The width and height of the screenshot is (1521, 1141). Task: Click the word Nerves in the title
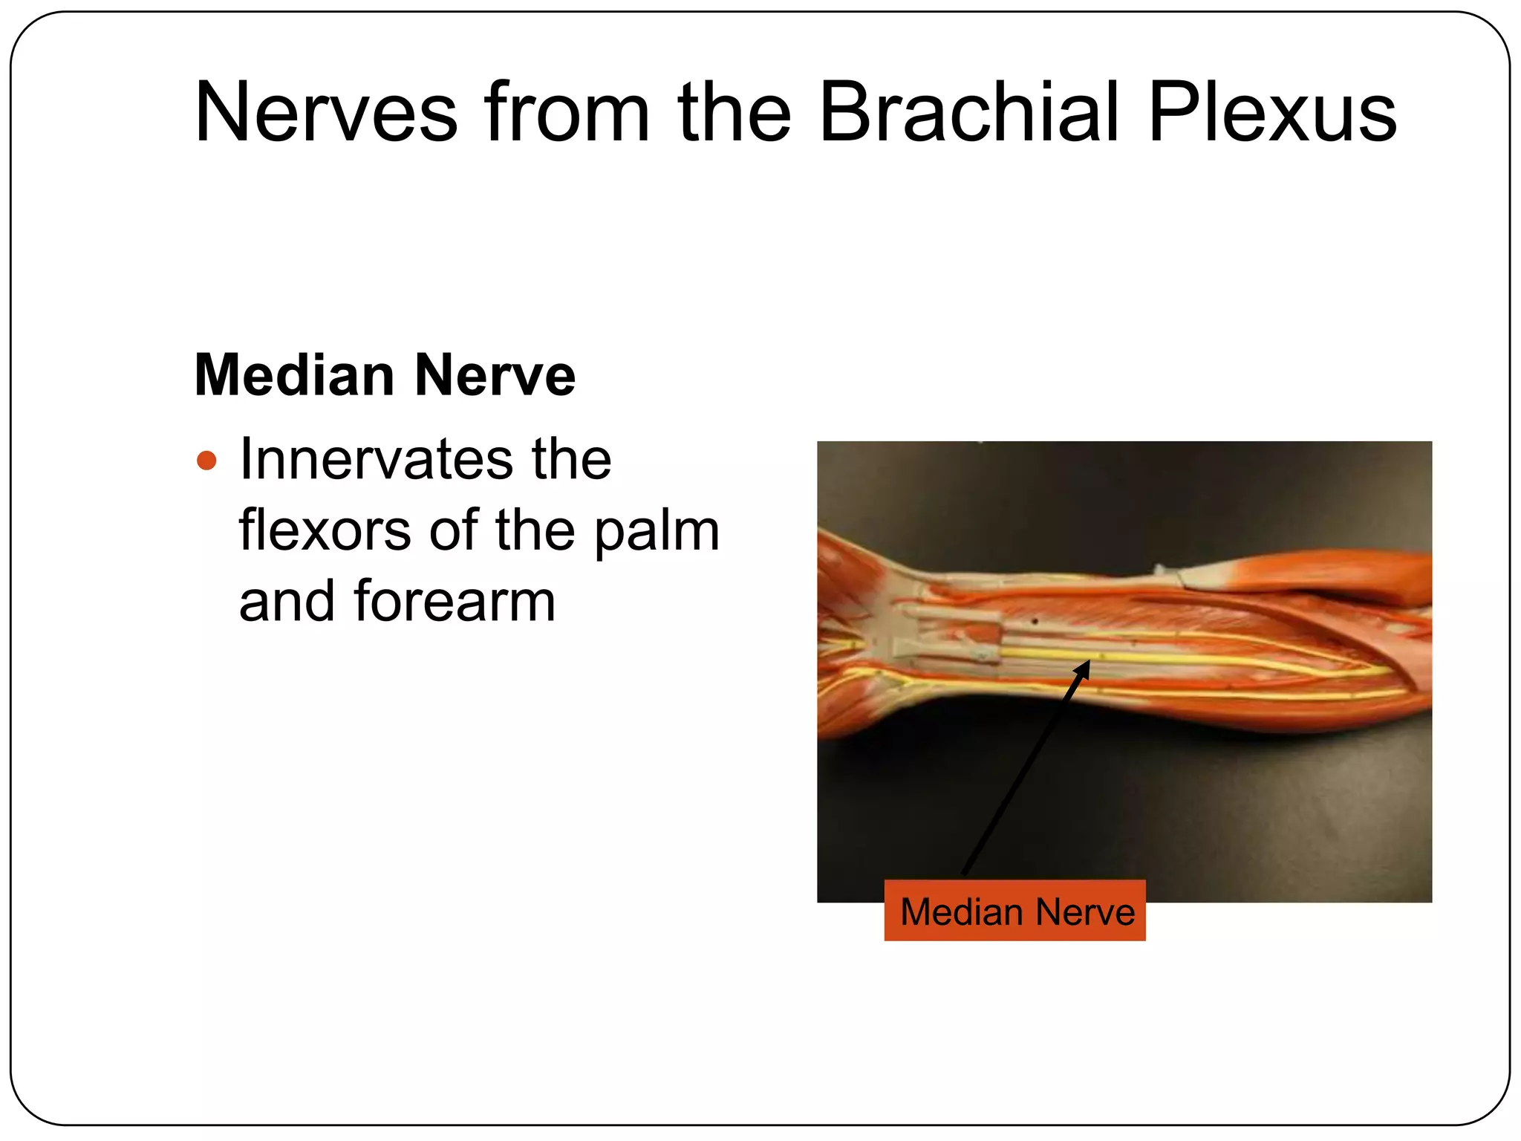[x=325, y=113]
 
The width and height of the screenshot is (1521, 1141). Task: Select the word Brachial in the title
[x=968, y=113]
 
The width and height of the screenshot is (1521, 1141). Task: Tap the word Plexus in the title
[x=1271, y=113]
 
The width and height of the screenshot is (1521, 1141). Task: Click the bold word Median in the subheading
[x=294, y=375]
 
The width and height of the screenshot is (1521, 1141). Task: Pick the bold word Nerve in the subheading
[x=495, y=375]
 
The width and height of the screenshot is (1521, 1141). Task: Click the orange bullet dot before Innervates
[x=206, y=461]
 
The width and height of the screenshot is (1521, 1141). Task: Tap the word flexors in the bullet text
[x=325, y=530]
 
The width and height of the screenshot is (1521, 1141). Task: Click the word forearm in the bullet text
[x=455, y=600]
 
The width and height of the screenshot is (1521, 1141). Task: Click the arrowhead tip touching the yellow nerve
[x=1087, y=663]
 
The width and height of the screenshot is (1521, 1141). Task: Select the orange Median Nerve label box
[x=1014, y=910]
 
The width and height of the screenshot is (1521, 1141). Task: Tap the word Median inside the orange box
[x=962, y=911]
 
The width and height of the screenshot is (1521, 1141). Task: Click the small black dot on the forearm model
[x=1035, y=621]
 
